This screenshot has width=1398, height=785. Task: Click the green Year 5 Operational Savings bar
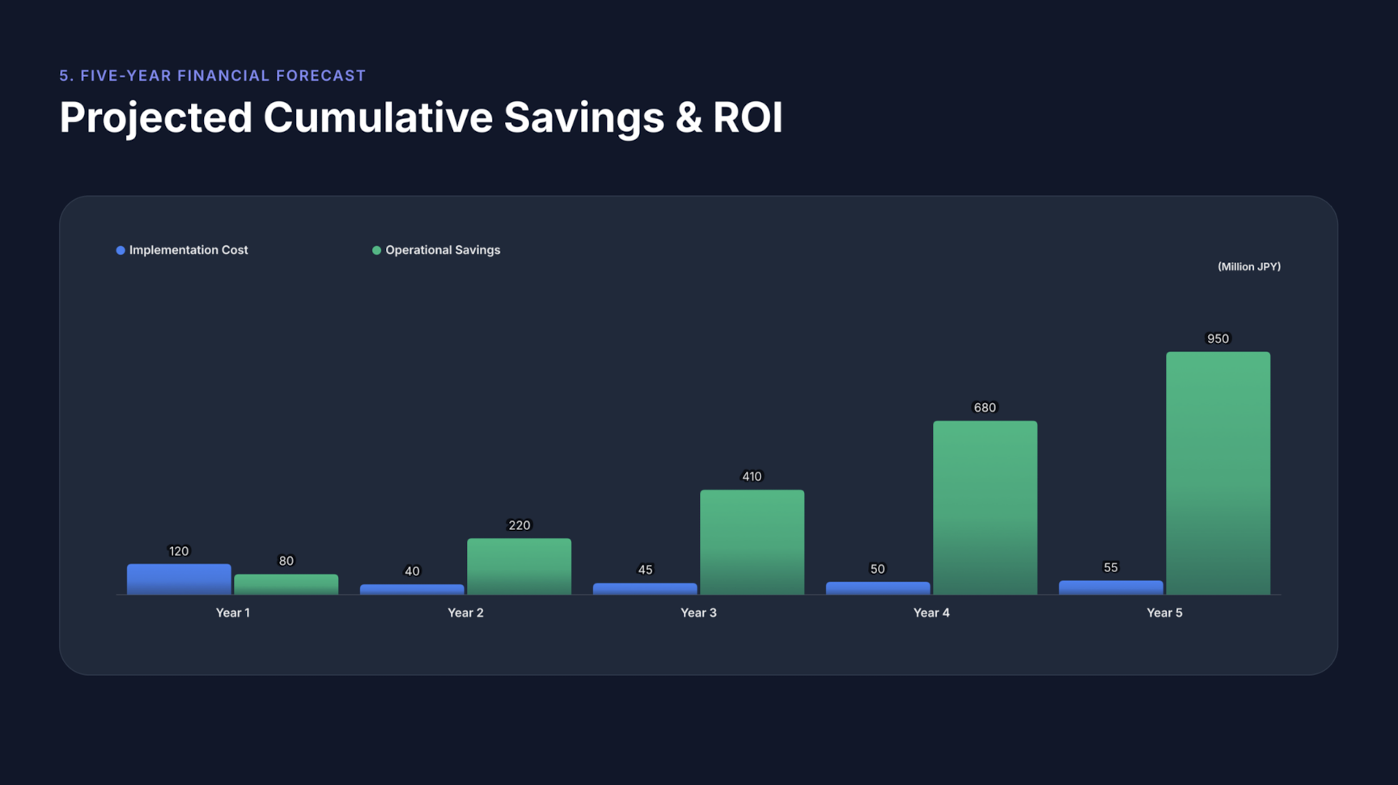click(1218, 473)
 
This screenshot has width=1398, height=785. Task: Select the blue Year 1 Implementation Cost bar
click(179, 579)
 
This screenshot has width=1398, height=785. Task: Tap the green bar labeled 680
click(985, 507)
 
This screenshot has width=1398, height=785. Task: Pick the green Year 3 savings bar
click(752, 542)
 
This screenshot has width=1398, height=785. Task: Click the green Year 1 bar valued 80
click(286, 584)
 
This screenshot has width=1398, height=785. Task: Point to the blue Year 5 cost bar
click(1111, 588)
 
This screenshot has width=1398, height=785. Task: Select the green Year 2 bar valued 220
click(519, 566)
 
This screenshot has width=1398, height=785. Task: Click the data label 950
click(1218, 339)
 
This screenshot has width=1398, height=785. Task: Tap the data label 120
click(179, 551)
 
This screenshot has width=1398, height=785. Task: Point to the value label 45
click(645, 570)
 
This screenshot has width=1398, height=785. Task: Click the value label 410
click(752, 477)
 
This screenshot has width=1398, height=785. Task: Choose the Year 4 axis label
click(931, 613)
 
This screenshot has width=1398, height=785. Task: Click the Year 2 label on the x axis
click(465, 613)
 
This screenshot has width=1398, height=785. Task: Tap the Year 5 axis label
click(1164, 613)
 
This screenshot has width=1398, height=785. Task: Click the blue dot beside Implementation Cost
click(121, 250)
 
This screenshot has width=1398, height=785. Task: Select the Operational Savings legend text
click(443, 250)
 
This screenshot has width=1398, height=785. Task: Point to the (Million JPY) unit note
click(1248, 266)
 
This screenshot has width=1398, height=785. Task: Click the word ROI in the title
click(747, 117)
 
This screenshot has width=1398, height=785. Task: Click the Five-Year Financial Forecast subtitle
click(213, 75)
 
